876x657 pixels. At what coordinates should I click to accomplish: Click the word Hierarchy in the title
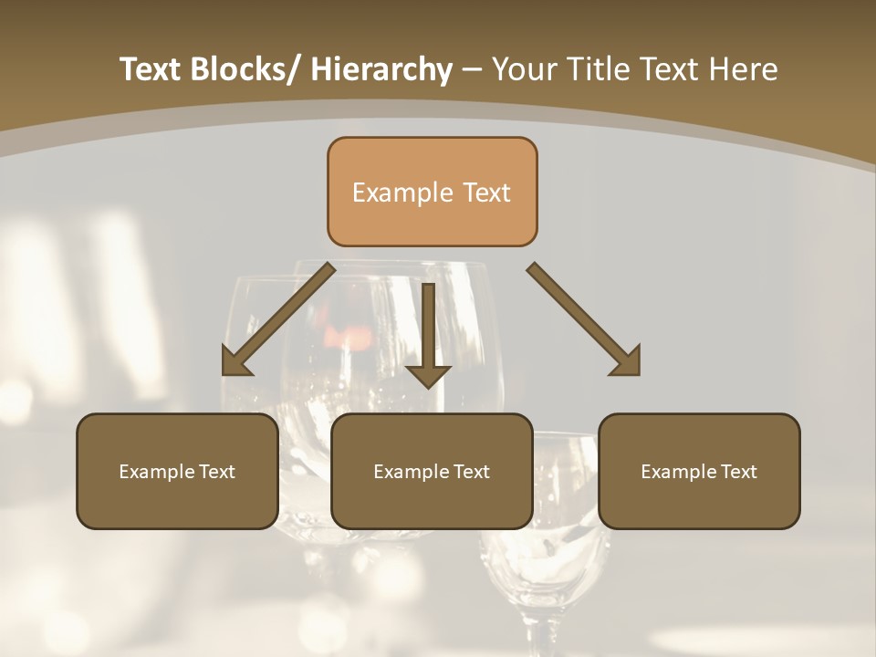(x=381, y=69)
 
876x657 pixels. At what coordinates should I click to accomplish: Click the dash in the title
(x=472, y=71)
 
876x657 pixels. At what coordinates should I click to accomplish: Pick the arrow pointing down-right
(x=584, y=319)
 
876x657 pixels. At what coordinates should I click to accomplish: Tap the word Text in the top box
(x=485, y=193)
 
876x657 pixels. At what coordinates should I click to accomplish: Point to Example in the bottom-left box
(x=151, y=472)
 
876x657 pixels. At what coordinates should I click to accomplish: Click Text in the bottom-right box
(x=739, y=472)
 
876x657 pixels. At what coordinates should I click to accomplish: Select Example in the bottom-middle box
(x=406, y=472)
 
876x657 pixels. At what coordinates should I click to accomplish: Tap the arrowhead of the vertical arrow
(x=428, y=375)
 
